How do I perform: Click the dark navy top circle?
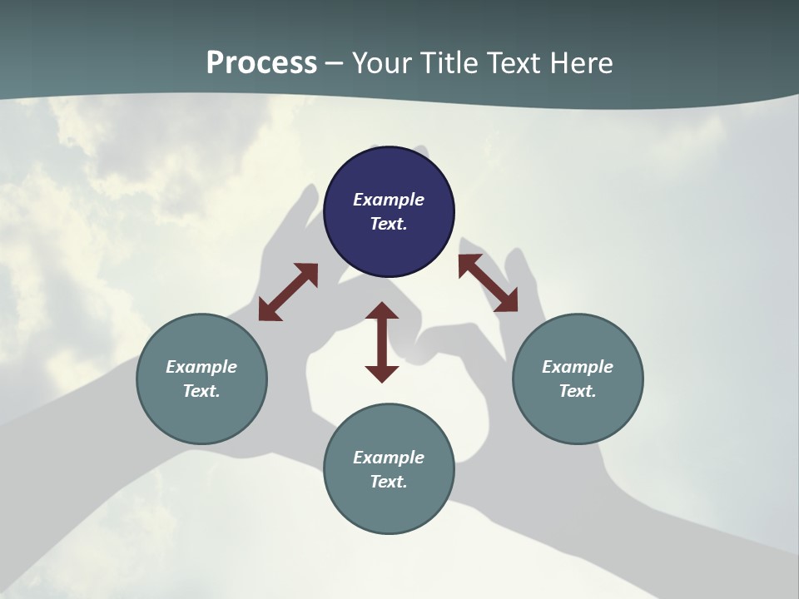[x=389, y=212]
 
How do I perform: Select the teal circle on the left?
[x=201, y=379]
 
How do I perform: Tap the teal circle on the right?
[x=578, y=379]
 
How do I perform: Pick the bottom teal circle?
[x=389, y=468]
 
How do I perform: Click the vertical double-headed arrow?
[x=382, y=342]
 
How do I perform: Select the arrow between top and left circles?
[x=289, y=292]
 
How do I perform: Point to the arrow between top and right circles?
[x=489, y=283]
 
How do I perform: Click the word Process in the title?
[x=261, y=62]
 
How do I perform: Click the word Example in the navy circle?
[x=389, y=200]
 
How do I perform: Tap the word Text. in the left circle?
[x=201, y=391]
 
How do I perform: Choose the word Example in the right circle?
[x=578, y=367]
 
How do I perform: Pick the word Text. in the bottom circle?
[x=389, y=482]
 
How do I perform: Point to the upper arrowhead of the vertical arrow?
[x=382, y=310]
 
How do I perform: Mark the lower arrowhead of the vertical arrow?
[x=382, y=375]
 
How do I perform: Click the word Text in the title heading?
[x=514, y=62]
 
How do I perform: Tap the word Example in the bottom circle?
[x=389, y=458]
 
